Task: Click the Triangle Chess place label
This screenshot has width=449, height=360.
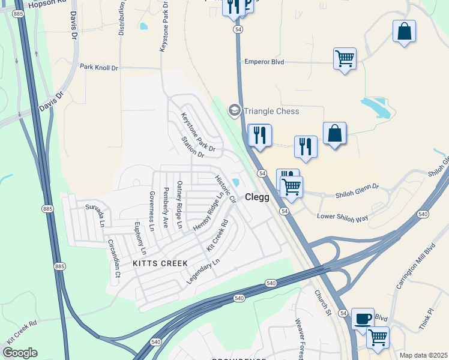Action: [x=271, y=111]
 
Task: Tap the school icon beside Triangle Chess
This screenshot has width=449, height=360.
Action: [x=234, y=111]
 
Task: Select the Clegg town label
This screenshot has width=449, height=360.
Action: [x=257, y=197]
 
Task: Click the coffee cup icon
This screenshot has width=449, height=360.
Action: [x=362, y=318]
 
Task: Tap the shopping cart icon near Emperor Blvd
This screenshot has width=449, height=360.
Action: [x=345, y=59]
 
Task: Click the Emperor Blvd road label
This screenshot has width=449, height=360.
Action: [x=264, y=62]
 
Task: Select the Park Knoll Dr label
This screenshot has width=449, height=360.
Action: [x=99, y=68]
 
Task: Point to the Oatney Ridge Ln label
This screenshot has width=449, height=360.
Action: [x=179, y=204]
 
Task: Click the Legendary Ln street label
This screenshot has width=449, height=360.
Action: [x=203, y=271]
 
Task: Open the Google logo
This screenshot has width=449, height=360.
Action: [x=20, y=353]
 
